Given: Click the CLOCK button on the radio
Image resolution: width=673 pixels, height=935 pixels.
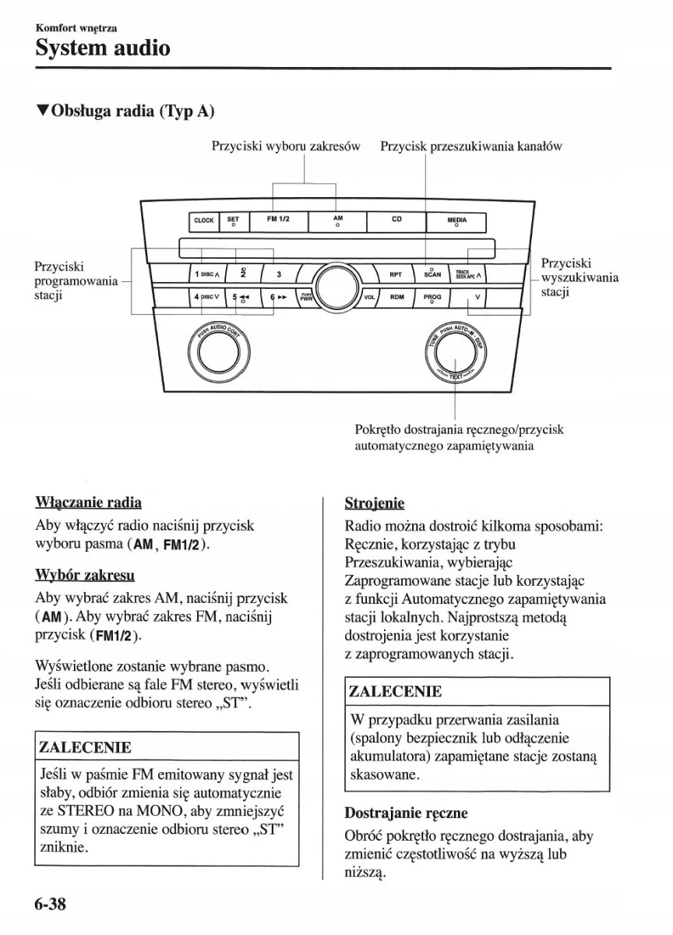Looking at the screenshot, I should pyautogui.click(x=203, y=221).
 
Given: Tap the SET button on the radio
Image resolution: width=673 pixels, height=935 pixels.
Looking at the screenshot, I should pyautogui.click(x=233, y=221).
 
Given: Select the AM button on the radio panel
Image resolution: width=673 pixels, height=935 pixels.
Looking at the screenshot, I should pyautogui.click(x=337, y=221).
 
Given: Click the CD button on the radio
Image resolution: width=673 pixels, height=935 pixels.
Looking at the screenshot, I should pyautogui.click(x=396, y=221).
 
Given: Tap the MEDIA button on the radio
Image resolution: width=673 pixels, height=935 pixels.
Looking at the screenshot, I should pyautogui.click(x=456, y=221).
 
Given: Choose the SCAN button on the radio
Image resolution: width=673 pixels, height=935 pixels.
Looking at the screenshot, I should pyautogui.click(x=432, y=273).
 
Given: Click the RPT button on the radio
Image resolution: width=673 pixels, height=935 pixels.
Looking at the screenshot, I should pyautogui.click(x=396, y=274).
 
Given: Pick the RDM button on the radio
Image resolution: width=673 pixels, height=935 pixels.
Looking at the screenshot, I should pyautogui.click(x=396, y=297).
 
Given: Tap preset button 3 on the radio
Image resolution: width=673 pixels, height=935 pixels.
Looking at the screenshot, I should pyautogui.click(x=278, y=274).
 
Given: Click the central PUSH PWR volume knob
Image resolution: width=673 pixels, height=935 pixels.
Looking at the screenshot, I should pyautogui.click(x=336, y=287).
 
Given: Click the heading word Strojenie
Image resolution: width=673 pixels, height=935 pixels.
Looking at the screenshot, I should pyautogui.click(x=375, y=503).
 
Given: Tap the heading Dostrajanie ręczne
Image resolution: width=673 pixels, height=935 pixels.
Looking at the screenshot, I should pyautogui.click(x=406, y=813).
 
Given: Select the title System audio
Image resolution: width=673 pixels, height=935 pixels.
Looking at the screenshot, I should pyautogui.click(x=102, y=48).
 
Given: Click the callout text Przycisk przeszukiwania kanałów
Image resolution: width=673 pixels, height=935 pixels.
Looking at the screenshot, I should pyautogui.click(x=471, y=146).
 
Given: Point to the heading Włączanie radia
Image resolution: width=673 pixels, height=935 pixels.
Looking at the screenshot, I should pyautogui.click(x=88, y=503).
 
